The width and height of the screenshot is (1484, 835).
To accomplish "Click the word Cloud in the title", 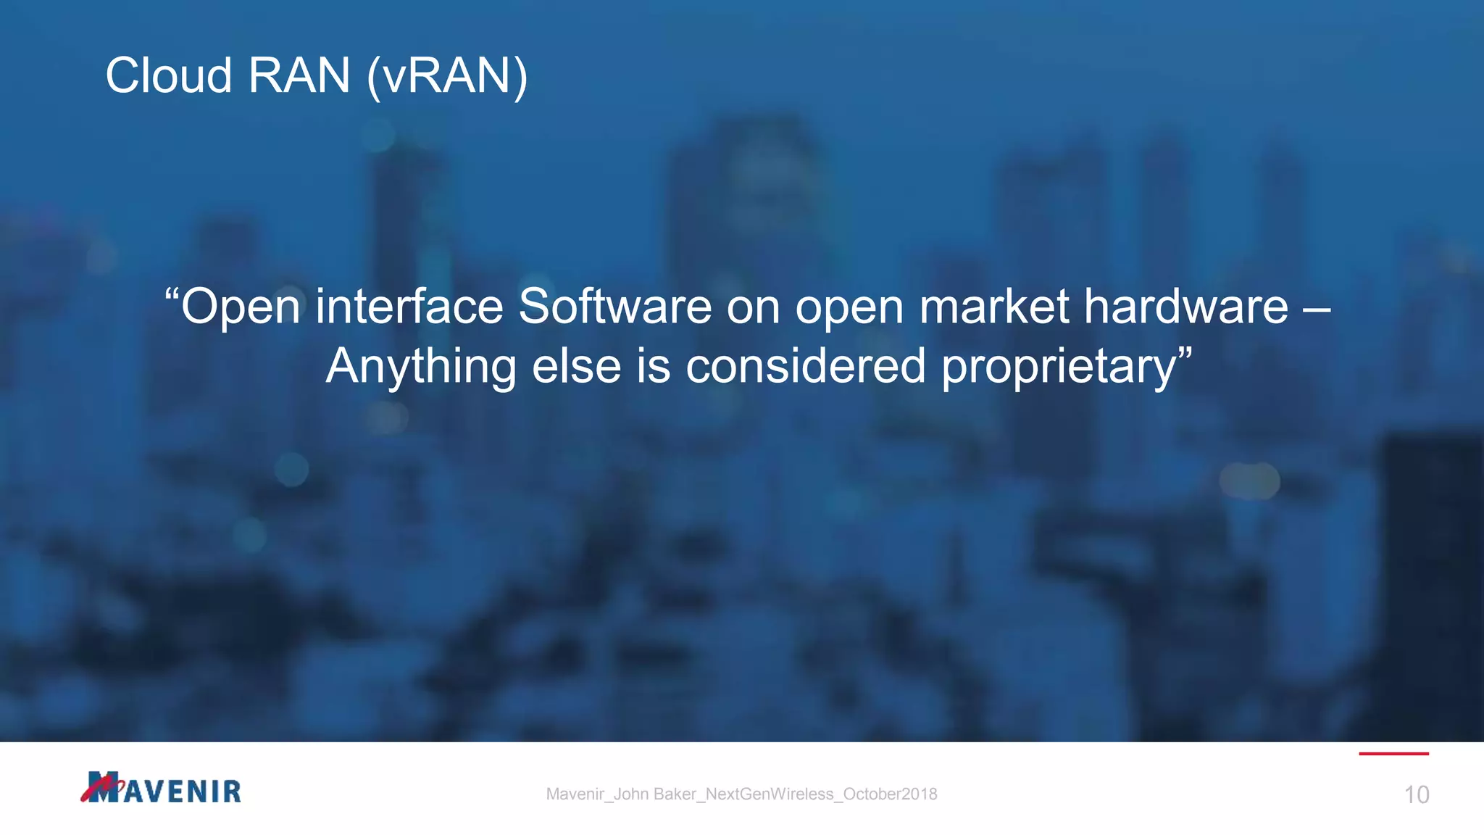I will click(x=168, y=75).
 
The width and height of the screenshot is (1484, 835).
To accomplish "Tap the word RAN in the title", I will click(x=299, y=75).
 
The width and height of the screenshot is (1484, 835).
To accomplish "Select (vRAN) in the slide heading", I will click(x=447, y=77).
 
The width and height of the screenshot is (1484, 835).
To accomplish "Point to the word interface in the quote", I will click(x=409, y=306).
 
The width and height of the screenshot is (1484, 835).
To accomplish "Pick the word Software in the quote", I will click(x=615, y=306).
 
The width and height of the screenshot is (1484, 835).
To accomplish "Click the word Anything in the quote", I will click(x=421, y=367).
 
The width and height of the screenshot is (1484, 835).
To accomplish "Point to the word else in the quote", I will click(x=577, y=365).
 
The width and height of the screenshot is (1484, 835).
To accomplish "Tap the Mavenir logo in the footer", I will click(x=161, y=788).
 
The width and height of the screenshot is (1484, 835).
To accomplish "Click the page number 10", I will click(x=1417, y=795).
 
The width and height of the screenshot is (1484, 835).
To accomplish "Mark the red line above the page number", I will click(x=1393, y=754).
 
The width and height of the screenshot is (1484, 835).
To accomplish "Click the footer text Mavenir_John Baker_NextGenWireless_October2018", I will click(x=741, y=794).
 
